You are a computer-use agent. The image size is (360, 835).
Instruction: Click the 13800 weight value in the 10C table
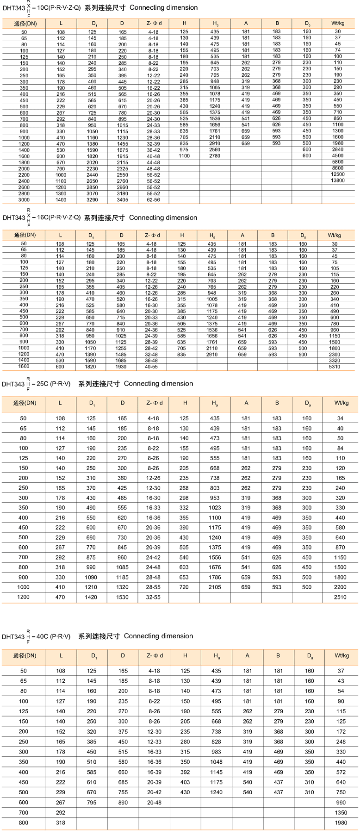[x=338, y=181]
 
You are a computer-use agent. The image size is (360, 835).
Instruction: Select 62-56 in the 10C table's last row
[x=153, y=200]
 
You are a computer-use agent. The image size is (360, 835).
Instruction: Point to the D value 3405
[x=122, y=200]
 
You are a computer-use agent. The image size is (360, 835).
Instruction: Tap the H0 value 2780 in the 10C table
[x=215, y=156]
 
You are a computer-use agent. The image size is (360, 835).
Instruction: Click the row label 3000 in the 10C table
[x=24, y=200]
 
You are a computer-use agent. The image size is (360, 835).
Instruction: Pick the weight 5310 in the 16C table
[x=335, y=367]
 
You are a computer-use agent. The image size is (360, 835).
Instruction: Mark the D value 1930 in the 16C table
[x=121, y=367]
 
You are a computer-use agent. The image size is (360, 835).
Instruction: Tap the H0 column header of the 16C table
[x=212, y=235]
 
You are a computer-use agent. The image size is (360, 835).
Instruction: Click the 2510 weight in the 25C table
[x=340, y=597]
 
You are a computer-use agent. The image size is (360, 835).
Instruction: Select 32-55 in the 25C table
[x=153, y=597]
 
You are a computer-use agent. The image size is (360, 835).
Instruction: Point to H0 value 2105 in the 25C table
[x=215, y=587]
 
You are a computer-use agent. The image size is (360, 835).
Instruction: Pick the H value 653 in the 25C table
[x=184, y=577]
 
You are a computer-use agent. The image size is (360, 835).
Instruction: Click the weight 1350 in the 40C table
[x=341, y=812]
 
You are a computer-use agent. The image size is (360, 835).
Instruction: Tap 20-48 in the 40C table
[x=154, y=802]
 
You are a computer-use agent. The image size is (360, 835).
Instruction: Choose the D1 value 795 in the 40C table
[x=92, y=802]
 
